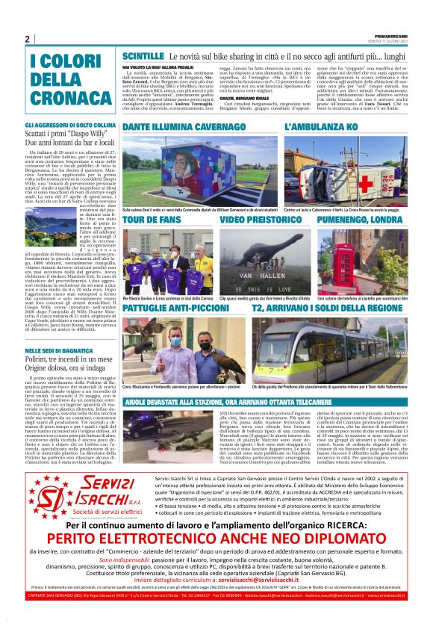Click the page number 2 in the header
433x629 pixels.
[27, 39]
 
